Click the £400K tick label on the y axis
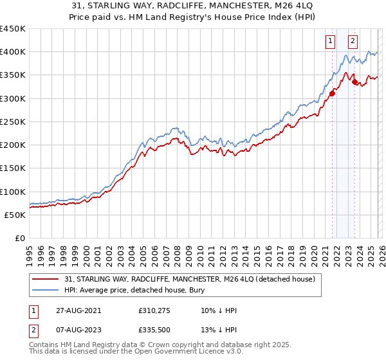(13, 52)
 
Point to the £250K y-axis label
(13, 122)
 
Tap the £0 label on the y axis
(20, 239)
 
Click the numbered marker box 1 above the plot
(331, 41)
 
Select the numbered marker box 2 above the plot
(353, 41)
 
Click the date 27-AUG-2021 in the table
(76, 310)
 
